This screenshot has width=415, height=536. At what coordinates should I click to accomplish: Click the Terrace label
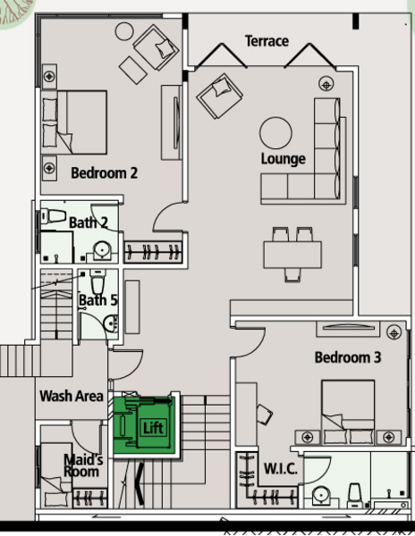coord(267,41)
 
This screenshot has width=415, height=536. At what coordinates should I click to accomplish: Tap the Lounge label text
coord(283,159)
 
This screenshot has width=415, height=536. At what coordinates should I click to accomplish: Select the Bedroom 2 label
coord(105,173)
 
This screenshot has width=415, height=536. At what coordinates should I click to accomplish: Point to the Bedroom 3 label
coord(348,357)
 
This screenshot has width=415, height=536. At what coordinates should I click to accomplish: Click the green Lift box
coord(144,425)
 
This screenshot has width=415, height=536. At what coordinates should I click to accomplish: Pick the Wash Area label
coord(72,396)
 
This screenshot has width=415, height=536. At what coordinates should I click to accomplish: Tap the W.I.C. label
coord(281,469)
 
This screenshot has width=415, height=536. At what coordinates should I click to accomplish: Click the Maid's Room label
coord(82,465)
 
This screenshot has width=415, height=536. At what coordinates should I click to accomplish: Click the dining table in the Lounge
coord(292,255)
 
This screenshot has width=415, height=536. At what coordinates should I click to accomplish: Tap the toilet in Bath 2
coord(54,216)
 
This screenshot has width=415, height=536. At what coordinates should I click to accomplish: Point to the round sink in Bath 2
coord(102,249)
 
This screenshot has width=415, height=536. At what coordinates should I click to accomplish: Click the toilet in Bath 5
coord(97,281)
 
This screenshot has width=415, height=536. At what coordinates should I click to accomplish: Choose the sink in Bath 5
coord(111,323)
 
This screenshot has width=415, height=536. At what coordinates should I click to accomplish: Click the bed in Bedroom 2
coord(74,122)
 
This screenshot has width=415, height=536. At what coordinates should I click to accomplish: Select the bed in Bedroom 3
coord(348,412)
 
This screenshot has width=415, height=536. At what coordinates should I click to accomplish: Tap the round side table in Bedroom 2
coord(124,31)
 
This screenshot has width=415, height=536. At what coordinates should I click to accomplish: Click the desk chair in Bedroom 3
coord(265,415)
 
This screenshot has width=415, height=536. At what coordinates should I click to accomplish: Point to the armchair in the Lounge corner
coord(220,96)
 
